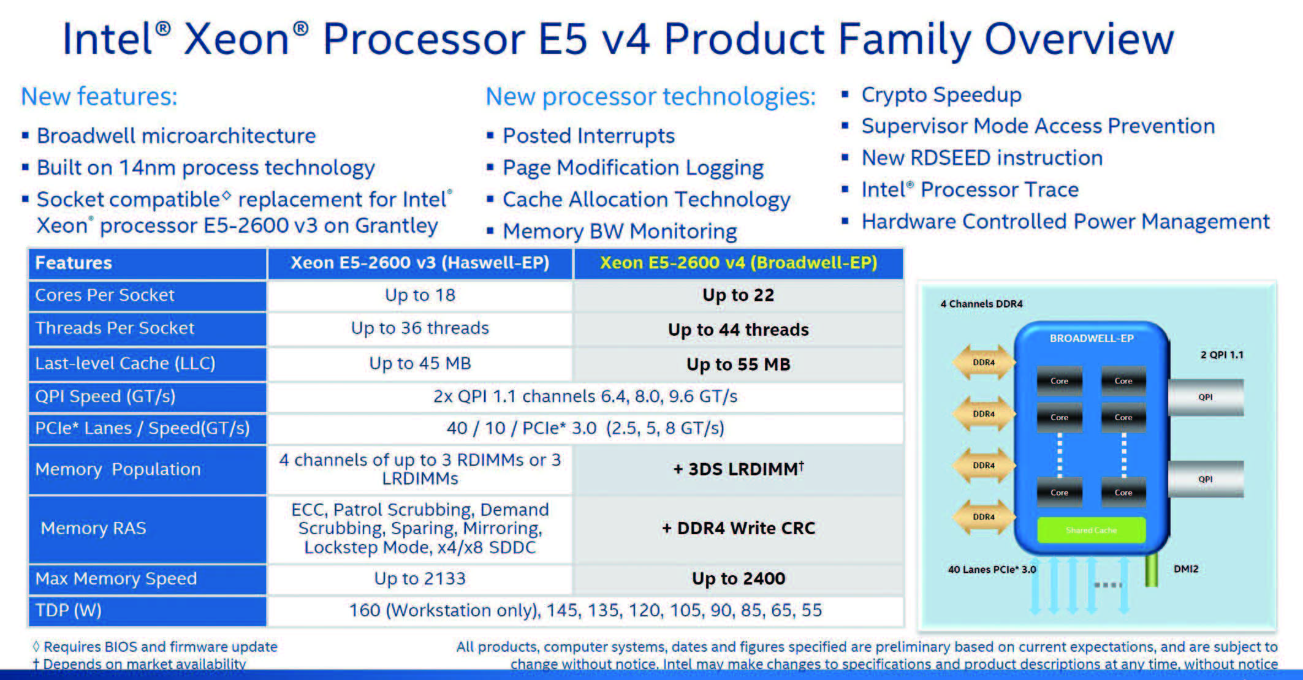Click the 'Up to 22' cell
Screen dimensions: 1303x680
pos(738,295)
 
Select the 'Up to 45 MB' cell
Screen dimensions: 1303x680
pos(420,363)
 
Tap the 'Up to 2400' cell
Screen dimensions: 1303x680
pos(738,578)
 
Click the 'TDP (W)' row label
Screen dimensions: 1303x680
pos(148,611)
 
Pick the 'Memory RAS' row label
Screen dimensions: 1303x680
pos(148,529)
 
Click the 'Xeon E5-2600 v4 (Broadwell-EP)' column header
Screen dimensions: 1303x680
pos(738,263)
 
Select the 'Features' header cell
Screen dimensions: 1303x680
pos(148,263)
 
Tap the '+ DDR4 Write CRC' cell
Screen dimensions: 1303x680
pos(738,529)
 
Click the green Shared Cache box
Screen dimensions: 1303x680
pos(1091,530)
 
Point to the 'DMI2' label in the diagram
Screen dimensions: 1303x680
pos(1186,569)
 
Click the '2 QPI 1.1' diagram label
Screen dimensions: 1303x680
pos(1221,355)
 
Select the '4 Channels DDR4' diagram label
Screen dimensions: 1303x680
pos(981,304)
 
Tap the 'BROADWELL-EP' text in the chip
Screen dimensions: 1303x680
pos(1092,338)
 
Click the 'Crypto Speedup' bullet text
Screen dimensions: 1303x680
pos(941,95)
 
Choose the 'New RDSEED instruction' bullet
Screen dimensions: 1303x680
pos(982,158)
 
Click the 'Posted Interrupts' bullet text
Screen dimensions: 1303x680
pos(588,136)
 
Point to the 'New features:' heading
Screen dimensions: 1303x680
pos(99,97)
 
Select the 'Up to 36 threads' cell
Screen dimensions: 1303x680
pos(420,328)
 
